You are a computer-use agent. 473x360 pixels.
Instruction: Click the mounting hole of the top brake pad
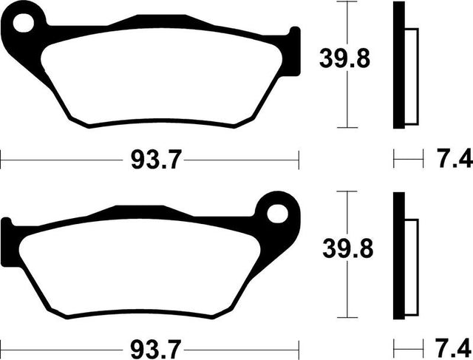[x=24, y=23]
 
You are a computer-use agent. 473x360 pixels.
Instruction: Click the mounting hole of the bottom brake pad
[x=278, y=214]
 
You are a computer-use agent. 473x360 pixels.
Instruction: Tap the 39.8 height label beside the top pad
[x=344, y=59]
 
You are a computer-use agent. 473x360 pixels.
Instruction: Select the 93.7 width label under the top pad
[x=157, y=160]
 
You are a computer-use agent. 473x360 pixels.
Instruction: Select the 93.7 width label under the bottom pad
[x=156, y=350]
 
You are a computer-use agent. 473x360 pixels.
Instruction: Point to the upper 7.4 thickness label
[x=455, y=158]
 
